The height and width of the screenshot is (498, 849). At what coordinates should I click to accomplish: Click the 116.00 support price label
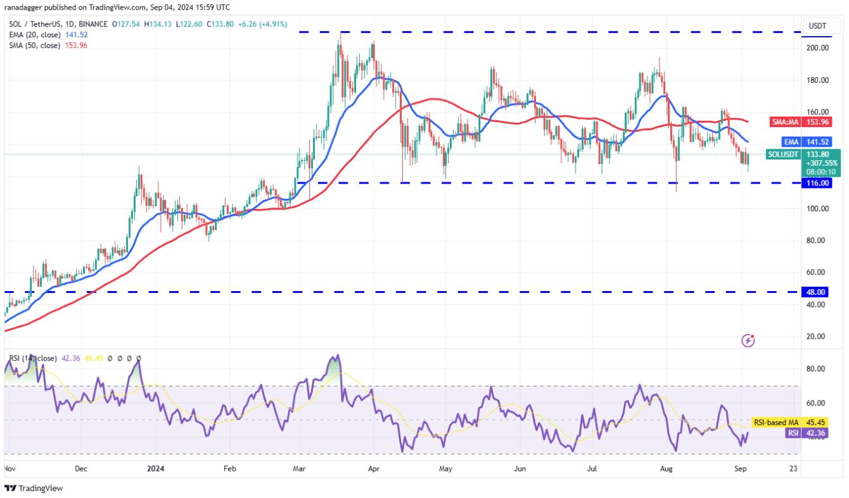(x=817, y=183)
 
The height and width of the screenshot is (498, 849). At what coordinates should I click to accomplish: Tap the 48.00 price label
(x=817, y=292)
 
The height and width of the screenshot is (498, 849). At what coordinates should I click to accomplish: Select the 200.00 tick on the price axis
(x=817, y=48)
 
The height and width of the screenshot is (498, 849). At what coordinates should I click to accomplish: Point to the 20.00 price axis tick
(x=817, y=337)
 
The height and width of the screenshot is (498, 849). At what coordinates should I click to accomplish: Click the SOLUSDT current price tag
(x=803, y=162)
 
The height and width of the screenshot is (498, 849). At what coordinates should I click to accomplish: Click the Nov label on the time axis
(x=9, y=470)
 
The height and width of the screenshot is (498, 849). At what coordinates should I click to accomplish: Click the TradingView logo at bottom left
(x=34, y=489)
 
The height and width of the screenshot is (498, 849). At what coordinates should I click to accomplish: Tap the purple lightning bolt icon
(x=748, y=340)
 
